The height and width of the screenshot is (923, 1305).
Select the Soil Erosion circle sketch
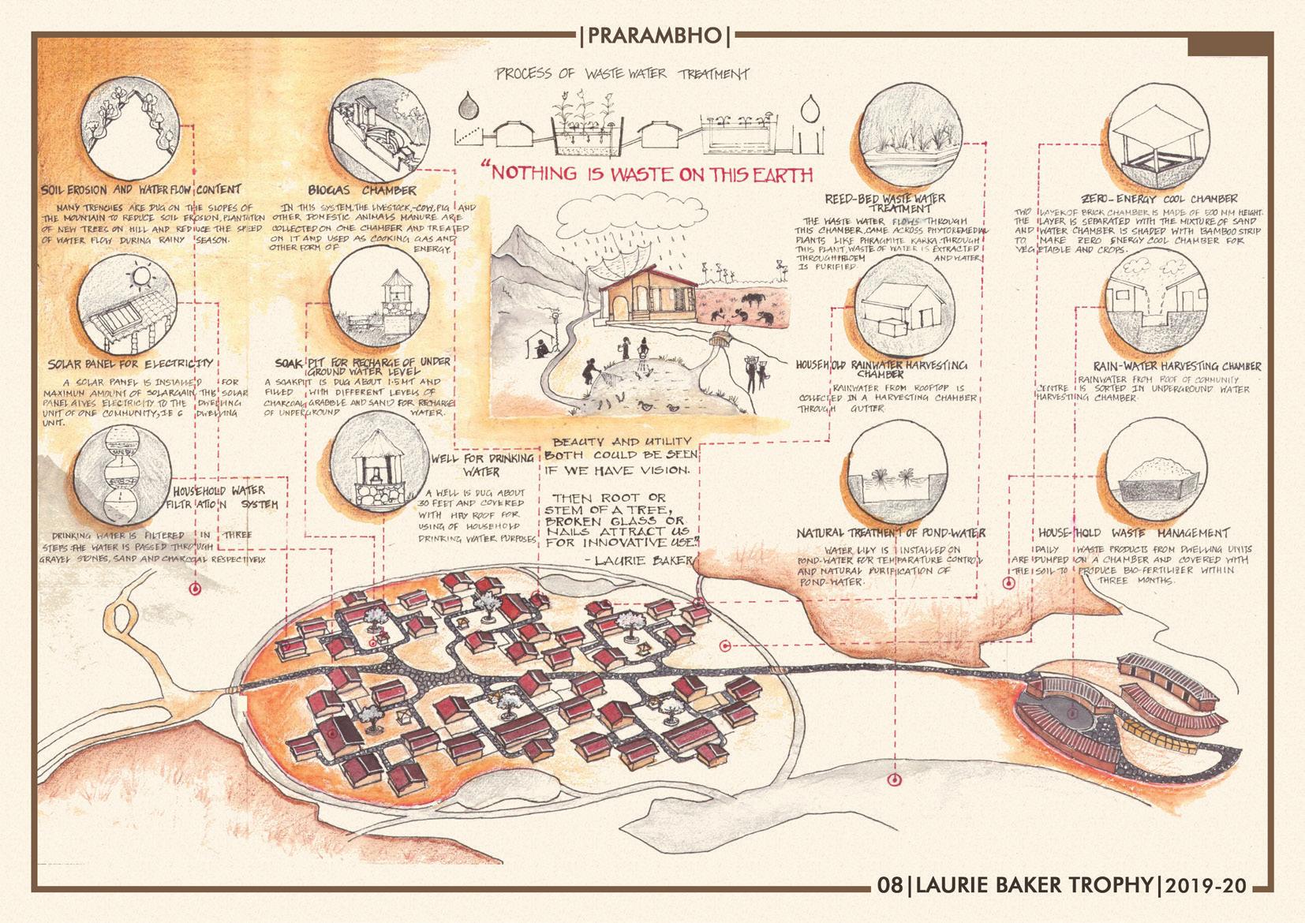(x=129, y=133)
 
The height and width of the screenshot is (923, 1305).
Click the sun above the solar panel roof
(x=143, y=277)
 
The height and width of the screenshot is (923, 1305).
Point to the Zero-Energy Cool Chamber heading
(x=1161, y=199)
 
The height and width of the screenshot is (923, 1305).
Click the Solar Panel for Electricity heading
(x=130, y=364)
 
